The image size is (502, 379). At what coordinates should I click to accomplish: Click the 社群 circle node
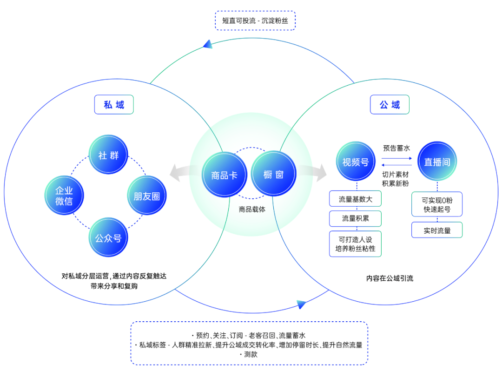tap(108, 155)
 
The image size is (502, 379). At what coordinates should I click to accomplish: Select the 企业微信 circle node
tap(64, 195)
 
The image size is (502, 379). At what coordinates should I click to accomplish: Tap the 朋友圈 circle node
tap(147, 195)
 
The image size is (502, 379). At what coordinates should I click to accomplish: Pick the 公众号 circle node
tap(108, 237)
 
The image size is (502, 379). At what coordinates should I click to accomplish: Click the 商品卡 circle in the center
tap(225, 175)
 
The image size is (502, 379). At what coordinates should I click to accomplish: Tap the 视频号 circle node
tap(356, 161)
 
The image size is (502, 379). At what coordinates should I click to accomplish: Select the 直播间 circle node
tap(437, 161)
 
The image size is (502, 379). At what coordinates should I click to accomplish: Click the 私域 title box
tap(114, 105)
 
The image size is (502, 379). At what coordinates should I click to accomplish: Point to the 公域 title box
tap(390, 105)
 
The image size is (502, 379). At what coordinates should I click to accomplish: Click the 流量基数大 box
tap(356, 199)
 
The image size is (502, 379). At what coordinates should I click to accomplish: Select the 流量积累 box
tap(356, 219)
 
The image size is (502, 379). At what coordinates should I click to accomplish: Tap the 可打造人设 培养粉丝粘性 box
tap(356, 244)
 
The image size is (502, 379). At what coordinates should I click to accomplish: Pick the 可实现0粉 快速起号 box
tap(437, 204)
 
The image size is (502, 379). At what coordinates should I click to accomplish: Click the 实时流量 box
tap(437, 230)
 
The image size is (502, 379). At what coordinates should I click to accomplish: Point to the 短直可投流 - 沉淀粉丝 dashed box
tap(255, 20)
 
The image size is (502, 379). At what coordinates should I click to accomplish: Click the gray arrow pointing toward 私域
tap(185, 173)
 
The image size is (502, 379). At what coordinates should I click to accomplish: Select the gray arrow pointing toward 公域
tap(312, 173)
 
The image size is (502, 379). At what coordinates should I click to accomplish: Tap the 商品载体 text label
tap(252, 210)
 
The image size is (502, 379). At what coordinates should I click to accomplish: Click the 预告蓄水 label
tap(396, 148)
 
